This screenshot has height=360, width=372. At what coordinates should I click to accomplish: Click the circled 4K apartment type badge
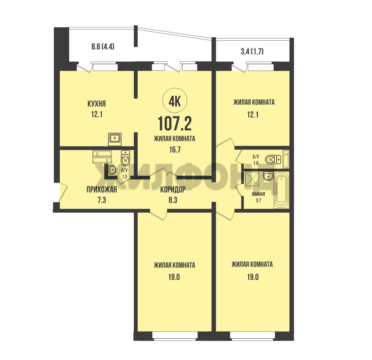point(175,101)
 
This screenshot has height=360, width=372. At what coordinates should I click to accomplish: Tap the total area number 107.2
point(175,124)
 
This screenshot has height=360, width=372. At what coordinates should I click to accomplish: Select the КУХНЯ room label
point(96,104)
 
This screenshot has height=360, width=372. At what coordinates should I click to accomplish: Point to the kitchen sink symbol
point(115,139)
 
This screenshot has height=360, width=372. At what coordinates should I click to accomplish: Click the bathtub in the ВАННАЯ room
point(282,190)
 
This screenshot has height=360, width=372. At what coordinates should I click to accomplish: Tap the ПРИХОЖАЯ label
point(102,190)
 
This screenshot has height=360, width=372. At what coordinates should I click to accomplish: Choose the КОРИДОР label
point(173,190)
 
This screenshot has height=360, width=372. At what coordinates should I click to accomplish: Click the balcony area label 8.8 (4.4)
point(103,47)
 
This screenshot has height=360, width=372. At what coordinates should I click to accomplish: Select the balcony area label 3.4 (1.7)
point(252,52)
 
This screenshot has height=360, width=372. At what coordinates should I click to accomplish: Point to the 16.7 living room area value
point(174,150)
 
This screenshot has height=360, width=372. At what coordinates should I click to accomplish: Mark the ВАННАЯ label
point(258,194)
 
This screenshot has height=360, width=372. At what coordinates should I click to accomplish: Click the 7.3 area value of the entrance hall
point(101,200)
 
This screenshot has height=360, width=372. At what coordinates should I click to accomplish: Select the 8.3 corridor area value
point(173,200)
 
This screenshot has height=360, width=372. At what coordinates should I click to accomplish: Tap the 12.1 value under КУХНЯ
point(96,115)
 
